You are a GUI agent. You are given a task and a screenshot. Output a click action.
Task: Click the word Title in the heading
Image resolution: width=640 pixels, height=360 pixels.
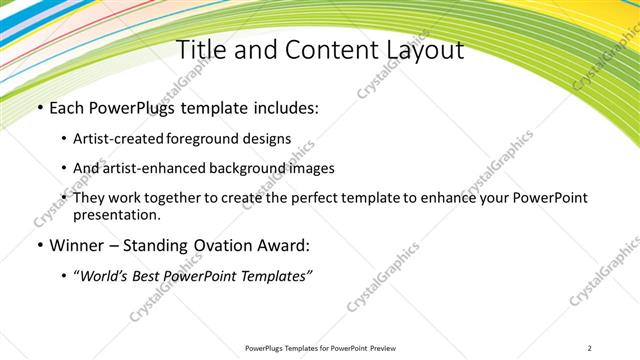tap(200, 50)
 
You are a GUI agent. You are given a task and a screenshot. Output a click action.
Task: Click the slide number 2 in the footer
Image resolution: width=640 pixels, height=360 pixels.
tap(590, 348)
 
